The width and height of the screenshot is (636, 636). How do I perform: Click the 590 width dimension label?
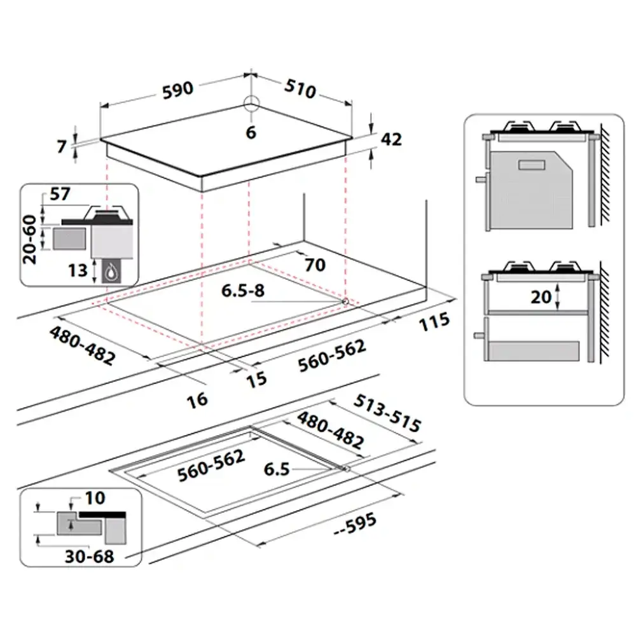click(177, 90)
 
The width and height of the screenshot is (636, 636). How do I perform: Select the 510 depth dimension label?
click(300, 89)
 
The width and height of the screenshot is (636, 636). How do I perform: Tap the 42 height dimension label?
click(391, 139)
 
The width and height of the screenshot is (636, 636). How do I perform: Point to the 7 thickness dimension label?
click(62, 146)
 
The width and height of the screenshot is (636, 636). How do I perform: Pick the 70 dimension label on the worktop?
click(315, 265)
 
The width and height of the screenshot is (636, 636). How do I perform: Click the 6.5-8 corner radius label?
click(243, 291)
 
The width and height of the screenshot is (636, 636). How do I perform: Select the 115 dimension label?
click(434, 321)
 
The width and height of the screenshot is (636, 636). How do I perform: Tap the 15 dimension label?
click(256, 379)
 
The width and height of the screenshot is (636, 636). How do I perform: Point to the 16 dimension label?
click(198, 400)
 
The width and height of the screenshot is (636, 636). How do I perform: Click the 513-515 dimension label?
click(387, 413)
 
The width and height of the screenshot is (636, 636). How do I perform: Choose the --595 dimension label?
click(356, 525)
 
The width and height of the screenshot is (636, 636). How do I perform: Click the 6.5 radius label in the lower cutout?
click(277, 469)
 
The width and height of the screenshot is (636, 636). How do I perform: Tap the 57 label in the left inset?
click(60, 194)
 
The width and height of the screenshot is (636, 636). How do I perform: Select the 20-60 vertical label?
click(30, 239)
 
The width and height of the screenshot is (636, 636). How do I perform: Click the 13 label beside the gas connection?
click(78, 270)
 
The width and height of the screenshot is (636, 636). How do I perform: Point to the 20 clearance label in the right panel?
click(541, 297)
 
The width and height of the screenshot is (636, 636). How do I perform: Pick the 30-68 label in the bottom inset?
click(89, 556)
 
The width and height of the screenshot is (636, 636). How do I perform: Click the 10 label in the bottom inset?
click(95, 498)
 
